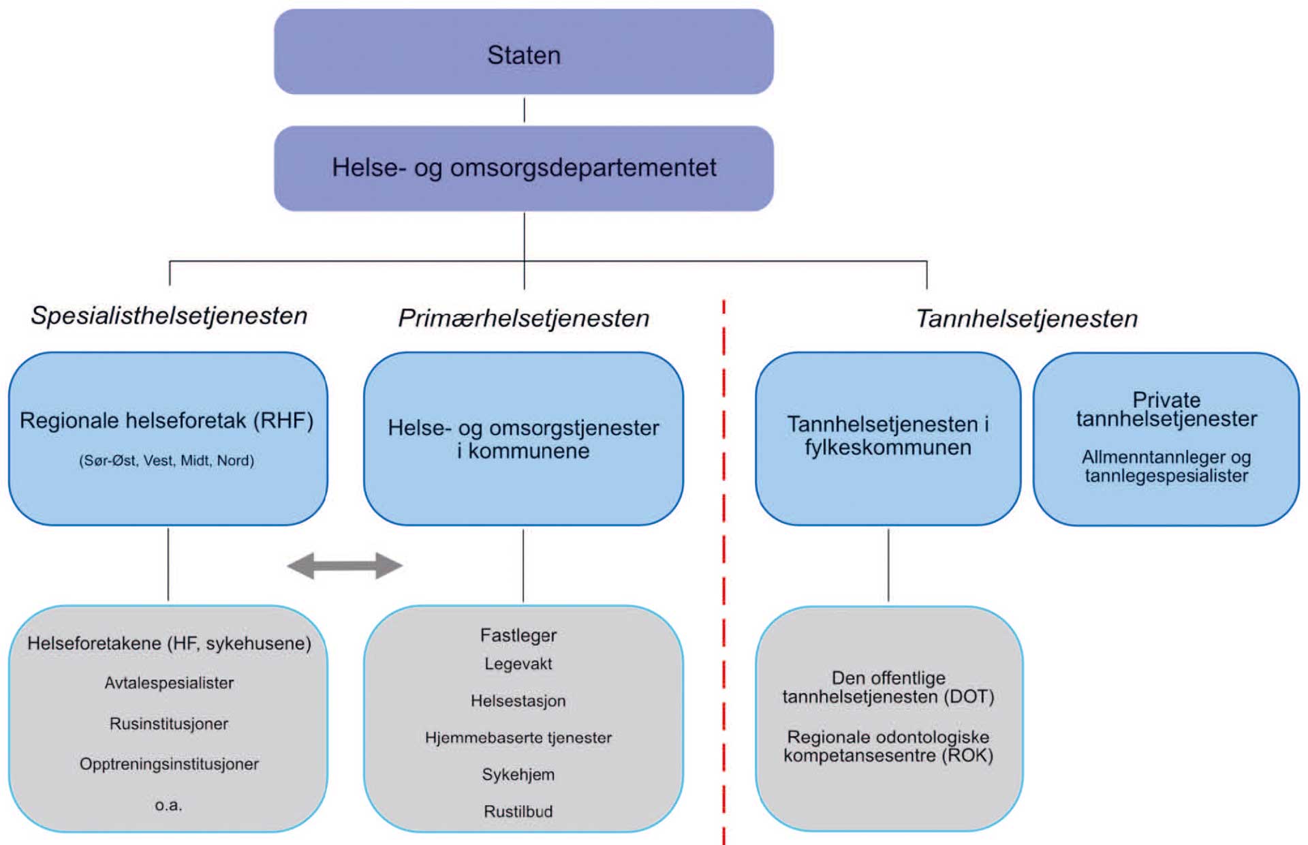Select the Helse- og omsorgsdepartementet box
coord(523,168)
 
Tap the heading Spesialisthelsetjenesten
coord(169,316)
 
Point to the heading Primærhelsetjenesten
coord(523,318)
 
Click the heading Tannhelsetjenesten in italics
coord(1027,318)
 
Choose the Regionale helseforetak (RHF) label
coord(167,420)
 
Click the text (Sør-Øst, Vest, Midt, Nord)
coord(167,461)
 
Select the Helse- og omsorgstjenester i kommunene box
coord(523,439)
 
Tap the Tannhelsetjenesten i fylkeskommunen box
coord(888,436)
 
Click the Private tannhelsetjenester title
coord(1166,409)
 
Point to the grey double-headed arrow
coord(345,566)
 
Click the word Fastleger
coord(518,635)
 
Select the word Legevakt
coord(518,664)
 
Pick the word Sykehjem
coord(518,775)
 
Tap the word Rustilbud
coord(518,812)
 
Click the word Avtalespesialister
coord(169,683)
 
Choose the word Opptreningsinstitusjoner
coord(169,764)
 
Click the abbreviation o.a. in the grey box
coord(168,805)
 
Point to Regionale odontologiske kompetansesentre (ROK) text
coord(888,746)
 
